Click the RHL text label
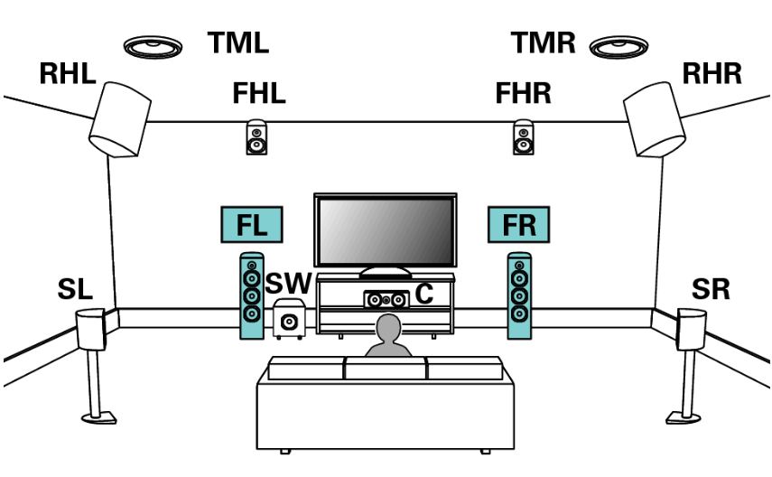pos(67,74)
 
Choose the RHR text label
pos(712,74)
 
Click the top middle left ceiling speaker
pos(153,45)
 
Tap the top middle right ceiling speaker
pos(620,44)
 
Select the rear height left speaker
pos(118,117)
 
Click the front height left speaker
pos(257,137)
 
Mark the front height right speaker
pos(523,137)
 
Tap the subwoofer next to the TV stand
pos(288,319)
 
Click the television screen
pos(384,230)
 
